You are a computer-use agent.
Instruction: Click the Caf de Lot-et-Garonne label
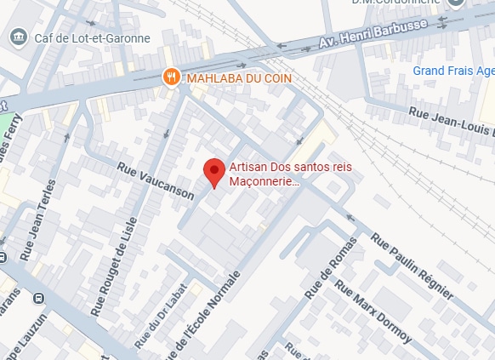(93, 37)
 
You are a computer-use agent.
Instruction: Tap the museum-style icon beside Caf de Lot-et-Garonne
(18, 37)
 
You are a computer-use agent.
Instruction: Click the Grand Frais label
(452, 70)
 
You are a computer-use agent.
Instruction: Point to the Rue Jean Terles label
(39, 220)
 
